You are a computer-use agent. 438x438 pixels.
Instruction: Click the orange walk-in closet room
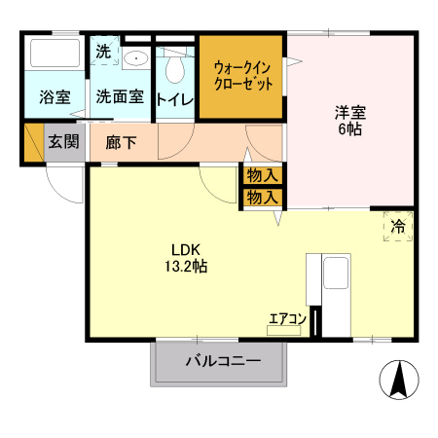[x=242, y=78]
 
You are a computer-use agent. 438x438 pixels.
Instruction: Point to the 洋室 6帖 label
[x=351, y=119]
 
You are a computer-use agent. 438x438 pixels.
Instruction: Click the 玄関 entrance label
[x=63, y=141]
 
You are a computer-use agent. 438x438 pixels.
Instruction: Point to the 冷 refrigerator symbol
[x=398, y=227]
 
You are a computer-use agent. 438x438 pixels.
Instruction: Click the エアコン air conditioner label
[x=288, y=317]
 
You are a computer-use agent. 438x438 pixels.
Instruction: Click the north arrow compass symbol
[x=398, y=379]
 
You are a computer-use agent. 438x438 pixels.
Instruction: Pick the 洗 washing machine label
[x=103, y=52]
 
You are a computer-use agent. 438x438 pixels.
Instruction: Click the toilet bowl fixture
[x=175, y=68]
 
